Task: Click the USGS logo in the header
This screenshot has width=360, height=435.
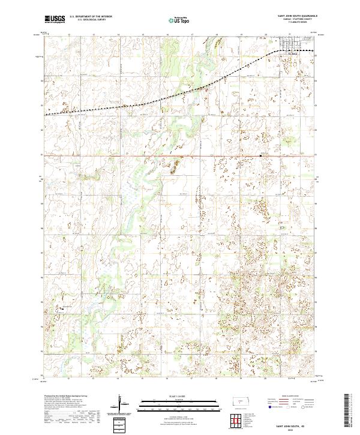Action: coord(55,20)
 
